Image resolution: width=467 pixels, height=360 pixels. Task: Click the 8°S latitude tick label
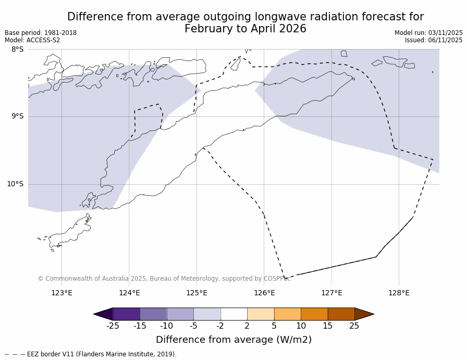17,50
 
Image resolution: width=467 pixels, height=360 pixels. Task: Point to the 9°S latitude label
17,116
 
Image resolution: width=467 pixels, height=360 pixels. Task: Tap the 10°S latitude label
15,184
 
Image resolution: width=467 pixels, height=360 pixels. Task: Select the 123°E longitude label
62,293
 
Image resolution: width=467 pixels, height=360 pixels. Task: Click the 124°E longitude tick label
129,293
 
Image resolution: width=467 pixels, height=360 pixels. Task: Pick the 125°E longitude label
196,293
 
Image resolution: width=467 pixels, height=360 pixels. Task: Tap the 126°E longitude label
264,293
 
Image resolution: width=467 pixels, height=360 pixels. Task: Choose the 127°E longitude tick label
331,293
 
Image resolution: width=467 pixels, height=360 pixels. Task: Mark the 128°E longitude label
399,293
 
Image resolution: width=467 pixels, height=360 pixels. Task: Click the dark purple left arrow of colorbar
104,314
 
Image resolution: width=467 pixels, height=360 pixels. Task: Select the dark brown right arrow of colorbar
364,314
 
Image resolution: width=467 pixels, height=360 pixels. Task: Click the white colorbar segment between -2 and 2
233,314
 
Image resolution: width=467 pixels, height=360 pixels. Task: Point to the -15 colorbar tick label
140,326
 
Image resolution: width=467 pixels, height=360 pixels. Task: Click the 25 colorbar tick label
354,326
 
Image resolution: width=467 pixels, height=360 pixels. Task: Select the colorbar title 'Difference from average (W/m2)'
233,340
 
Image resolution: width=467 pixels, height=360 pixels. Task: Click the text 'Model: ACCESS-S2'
32,40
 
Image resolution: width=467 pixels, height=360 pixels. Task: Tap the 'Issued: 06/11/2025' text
434,40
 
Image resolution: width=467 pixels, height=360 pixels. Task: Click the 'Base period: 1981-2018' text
41,33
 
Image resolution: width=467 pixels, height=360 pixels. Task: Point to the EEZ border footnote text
91,354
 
